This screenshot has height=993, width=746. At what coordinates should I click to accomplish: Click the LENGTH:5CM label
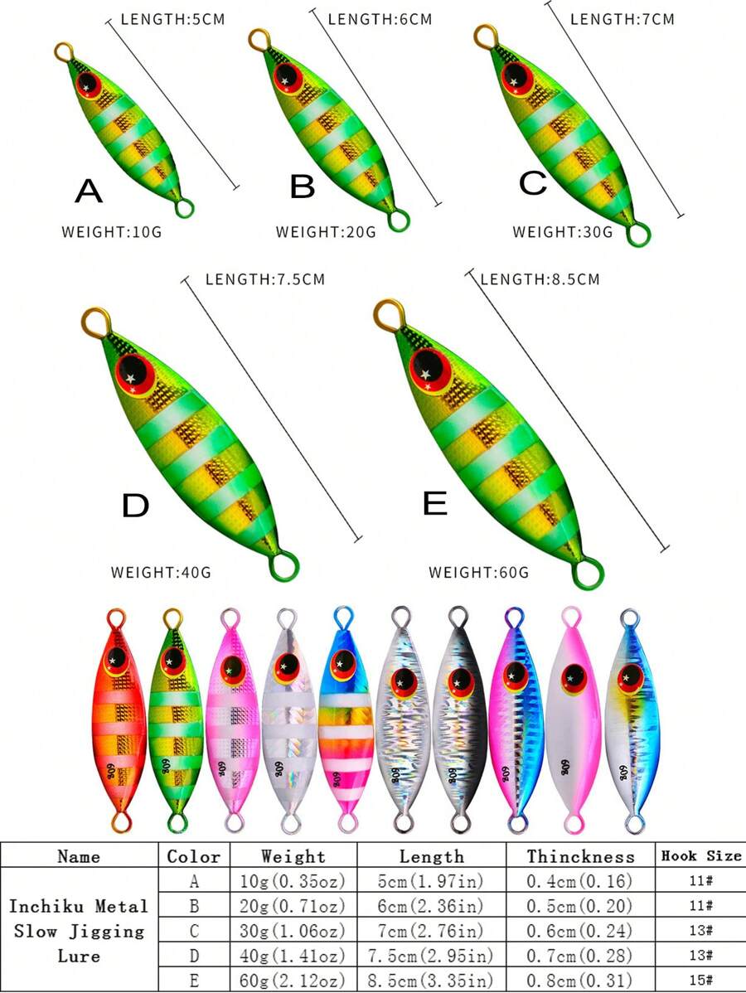[x=173, y=19]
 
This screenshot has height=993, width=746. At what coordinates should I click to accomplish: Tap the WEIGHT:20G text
[x=326, y=232]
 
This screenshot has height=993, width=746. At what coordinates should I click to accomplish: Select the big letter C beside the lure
[x=533, y=182]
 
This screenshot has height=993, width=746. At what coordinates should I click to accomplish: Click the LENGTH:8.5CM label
[x=540, y=279]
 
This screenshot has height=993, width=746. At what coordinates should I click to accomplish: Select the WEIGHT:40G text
[x=161, y=573]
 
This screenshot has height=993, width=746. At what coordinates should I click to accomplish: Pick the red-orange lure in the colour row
[x=119, y=720]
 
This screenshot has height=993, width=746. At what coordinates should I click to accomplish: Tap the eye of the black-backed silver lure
[x=460, y=682]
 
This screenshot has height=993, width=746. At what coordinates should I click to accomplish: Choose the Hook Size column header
[x=701, y=855]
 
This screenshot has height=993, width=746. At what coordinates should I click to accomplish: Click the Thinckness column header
[x=581, y=856]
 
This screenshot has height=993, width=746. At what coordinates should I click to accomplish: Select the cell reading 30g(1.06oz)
[x=293, y=931]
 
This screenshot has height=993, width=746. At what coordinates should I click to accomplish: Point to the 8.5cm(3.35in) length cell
[x=431, y=981]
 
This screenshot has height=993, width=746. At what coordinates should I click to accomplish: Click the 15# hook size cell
[x=701, y=981]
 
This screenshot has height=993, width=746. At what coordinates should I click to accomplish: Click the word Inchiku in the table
[x=47, y=906]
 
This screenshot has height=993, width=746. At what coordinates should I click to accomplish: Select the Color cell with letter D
[x=194, y=956]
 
